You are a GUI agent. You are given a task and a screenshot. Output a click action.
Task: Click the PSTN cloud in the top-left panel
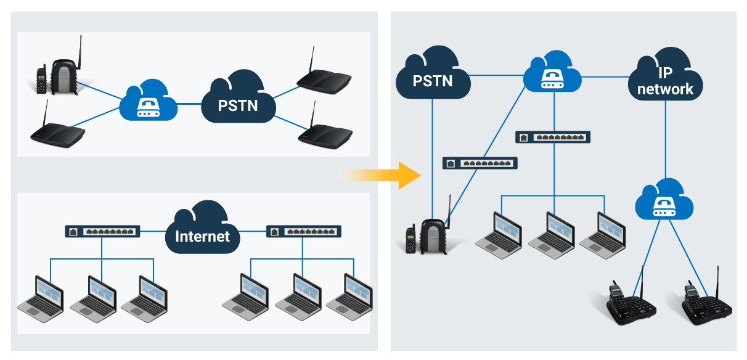click(x=237, y=102)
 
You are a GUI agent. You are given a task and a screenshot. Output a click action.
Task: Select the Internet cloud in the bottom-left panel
click(x=202, y=232)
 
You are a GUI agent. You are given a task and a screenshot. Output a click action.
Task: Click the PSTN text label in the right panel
click(x=432, y=81)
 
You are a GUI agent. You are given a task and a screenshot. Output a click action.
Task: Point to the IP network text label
click(x=665, y=81)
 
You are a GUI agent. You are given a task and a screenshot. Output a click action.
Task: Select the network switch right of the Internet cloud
click(x=303, y=232)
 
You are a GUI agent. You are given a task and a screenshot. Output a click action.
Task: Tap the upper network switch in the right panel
click(x=553, y=137)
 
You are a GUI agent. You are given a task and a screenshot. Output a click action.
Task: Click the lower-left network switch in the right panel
click(x=480, y=163)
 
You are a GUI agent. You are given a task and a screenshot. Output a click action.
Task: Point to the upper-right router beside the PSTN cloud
click(x=323, y=79)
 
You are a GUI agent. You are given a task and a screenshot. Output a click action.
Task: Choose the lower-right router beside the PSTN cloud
click(x=324, y=134)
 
